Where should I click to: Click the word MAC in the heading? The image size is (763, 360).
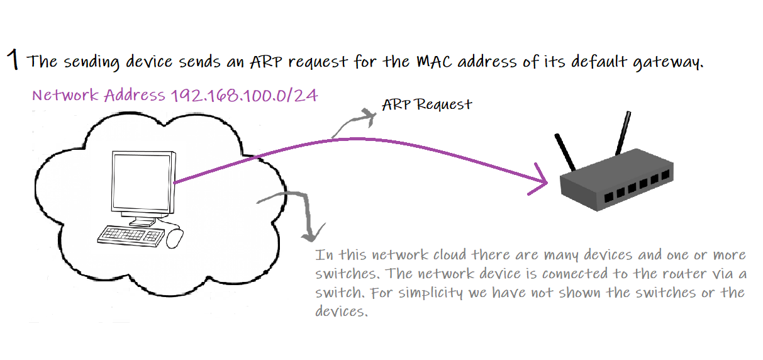click(x=432, y=62)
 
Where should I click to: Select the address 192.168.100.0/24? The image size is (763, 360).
click(x=244, y=96)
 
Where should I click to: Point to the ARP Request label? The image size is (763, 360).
click(x=427, y=104)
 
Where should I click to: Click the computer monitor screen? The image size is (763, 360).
click(x=142, y=183)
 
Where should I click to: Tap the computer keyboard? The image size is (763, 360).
click(x=130, y=235)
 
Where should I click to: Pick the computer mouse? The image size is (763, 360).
click(x=175, y=237)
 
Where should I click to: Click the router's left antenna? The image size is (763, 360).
click(x=565, y=152)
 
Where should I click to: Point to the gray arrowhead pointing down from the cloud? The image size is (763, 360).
click(x=309, y=233)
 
